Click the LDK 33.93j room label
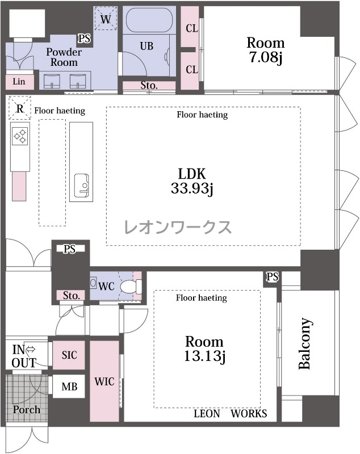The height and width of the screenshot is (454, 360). pyautogui.click(x=192, y=181)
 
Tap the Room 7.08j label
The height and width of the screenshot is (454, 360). pyautogui.click(x=266, y=50)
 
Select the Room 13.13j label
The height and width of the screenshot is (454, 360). pyautogui.click(x=204, y=349)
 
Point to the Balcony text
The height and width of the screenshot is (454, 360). pyautogui.click(x=305, y=344)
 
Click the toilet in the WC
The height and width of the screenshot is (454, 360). pyautogui.click(x=131, y=286)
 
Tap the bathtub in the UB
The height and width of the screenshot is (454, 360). pyautogui.click(x=149, y=20)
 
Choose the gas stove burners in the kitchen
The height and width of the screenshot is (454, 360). pyautogui.click(x=20, y=136)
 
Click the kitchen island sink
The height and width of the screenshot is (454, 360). pyautogui.click(x=81, y=186)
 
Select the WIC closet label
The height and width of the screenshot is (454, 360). pyautogui.click(x=104, y=381)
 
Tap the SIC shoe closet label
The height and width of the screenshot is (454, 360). pyautogui.click(x=69, y=355)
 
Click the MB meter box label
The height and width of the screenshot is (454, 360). pyautogui.click(x=69, y=386)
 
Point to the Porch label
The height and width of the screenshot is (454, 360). pyautogui.click(x=26, y=410)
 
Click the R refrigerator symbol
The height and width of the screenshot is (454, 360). pyautogui.click(x=20, y=108)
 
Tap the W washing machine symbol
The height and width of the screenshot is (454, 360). pyautogui.click(x=106, y=19)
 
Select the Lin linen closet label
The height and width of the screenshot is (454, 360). pyautogui.click(x=19, y=82)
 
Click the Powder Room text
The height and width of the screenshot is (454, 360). pyautogui.click(x=64, y=57)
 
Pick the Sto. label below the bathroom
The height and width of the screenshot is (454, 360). pyautogui.click(x=149, y=86)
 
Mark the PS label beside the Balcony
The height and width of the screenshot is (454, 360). pyautogui.click(x=273, y=277)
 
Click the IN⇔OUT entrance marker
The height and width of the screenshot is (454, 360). pyautogui.click(x=24, y=356)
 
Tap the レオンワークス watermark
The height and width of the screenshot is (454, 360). pyautogui.click(x=178, y=227)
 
